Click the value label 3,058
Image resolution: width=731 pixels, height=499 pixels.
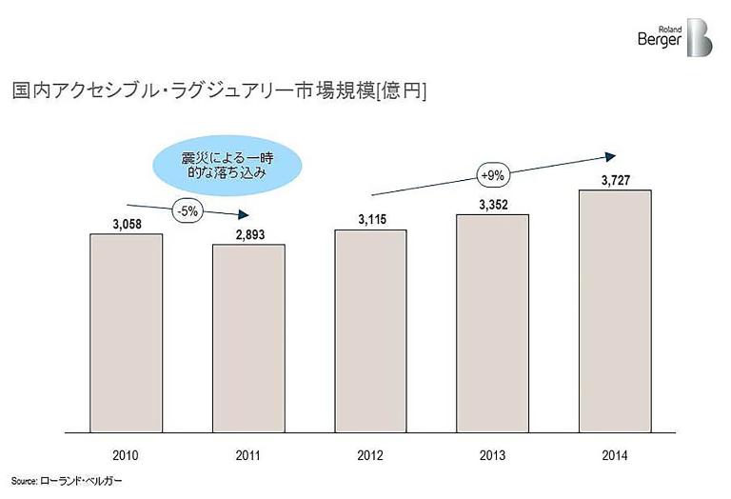coord(126,225)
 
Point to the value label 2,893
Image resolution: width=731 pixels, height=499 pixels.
coord(247,235)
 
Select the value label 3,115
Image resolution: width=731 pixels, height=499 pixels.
coord(370,220)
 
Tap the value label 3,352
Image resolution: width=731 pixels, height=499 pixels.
coord(492,205)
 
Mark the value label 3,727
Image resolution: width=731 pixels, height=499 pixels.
coord(614,181)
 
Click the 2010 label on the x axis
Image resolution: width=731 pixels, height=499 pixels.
coord(126,453)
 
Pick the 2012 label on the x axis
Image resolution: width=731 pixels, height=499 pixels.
coord(370,453)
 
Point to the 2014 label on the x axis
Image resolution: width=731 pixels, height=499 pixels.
coord(614,453)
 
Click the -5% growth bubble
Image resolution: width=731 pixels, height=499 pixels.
coord(186,211)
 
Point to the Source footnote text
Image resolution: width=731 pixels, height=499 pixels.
coord(67,482)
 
